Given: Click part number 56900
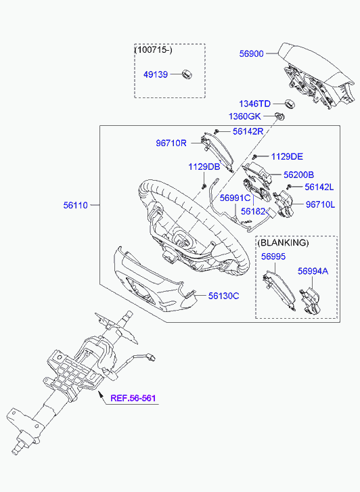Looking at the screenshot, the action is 252,53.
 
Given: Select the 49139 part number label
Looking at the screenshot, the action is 156,74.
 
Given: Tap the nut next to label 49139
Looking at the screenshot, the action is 187,74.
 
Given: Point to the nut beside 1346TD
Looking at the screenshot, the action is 288,104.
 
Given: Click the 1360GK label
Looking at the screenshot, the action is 245,116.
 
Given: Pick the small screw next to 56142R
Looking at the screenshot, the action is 216,131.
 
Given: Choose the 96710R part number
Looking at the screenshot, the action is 171,143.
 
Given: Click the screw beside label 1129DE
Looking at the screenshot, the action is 255,156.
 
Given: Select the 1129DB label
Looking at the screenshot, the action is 204,166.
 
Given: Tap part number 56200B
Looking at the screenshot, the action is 299,175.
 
